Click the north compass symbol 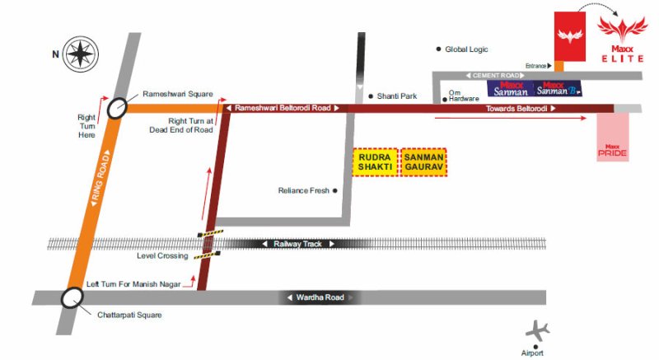tap(80, 54)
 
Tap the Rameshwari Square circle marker tap(118, 107)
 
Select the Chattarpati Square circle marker tap(72, 297)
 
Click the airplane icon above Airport tap(538, 331)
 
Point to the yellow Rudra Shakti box tap(375, 161)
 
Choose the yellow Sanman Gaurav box tap(424, 161)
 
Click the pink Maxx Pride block tap(613, 137)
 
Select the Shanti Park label tap(397, 96)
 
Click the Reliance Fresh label tap(303, 190)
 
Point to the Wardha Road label tap(320, 297)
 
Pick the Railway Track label tap(298, 244)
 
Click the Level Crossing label tap(161, 256)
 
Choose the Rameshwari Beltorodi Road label tap(283, 108)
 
